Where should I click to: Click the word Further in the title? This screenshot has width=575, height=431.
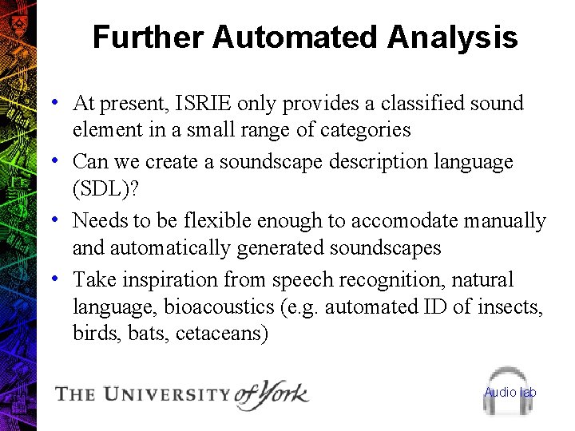(149, 38)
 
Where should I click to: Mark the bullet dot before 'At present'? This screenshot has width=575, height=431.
(53, 102)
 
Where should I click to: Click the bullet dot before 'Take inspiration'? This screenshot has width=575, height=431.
(53, 279)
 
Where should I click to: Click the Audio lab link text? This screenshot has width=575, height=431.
(510, 392)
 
